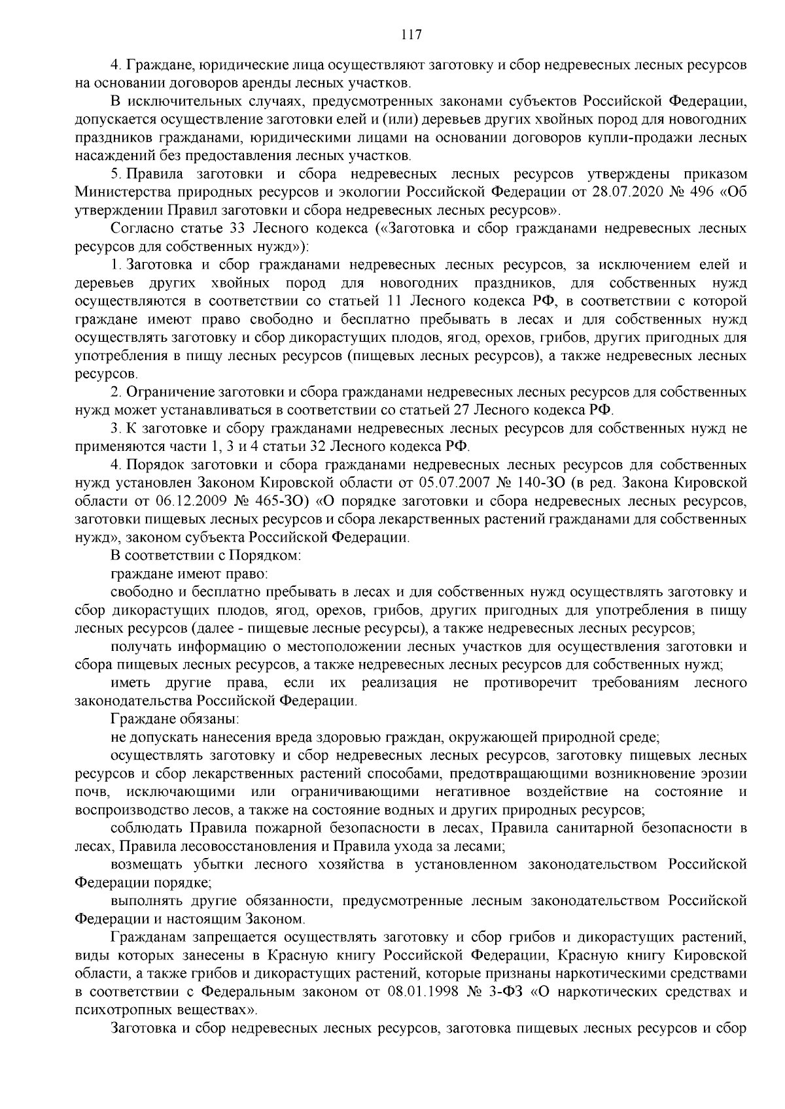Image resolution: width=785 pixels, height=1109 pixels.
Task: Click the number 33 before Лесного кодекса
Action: point(237,229)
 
